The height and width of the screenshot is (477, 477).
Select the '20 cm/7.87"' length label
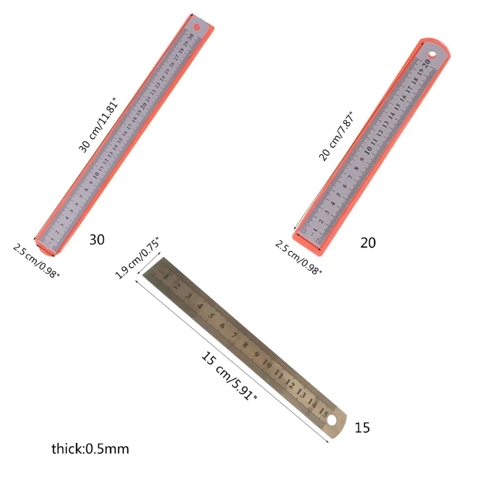pos(336,137)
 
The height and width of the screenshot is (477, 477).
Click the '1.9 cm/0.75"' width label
pos(137,258)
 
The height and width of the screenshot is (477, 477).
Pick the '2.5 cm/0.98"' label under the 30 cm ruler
pos(37,260)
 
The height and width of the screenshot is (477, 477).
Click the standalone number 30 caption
pos(97,240)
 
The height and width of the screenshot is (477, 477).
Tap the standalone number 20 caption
pos(368,243)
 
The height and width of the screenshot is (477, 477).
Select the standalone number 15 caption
pos(362,428)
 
